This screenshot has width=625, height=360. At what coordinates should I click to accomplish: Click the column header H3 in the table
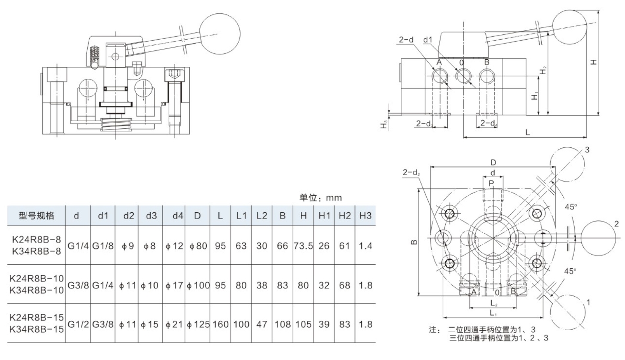[365, 216]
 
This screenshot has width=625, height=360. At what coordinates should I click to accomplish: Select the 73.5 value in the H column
[303, 246]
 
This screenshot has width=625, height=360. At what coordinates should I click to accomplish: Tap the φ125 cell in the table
[198, 324]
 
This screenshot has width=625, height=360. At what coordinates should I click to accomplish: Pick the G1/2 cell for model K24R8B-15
[78, 324]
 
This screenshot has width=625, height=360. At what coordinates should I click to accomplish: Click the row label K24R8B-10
[36, 278]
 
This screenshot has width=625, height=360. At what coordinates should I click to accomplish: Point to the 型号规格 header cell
[36, 216]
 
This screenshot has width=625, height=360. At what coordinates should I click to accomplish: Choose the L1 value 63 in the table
[241, 246]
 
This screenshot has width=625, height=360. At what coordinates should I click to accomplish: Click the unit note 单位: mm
[320, 198]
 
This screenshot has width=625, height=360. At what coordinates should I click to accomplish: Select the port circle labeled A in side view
[439, 75]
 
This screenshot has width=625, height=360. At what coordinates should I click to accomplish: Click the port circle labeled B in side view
[487, 75]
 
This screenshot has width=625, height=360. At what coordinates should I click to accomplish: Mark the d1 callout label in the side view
[428, 40]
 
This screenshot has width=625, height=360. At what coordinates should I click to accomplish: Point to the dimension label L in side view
[527, 132]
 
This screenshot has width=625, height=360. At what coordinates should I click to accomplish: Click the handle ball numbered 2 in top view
[601, 238]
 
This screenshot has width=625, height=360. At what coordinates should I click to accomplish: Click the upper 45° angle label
[570, 207]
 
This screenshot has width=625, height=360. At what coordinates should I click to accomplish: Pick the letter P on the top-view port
[491, 183]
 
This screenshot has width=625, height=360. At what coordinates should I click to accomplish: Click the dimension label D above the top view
[493, 163]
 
